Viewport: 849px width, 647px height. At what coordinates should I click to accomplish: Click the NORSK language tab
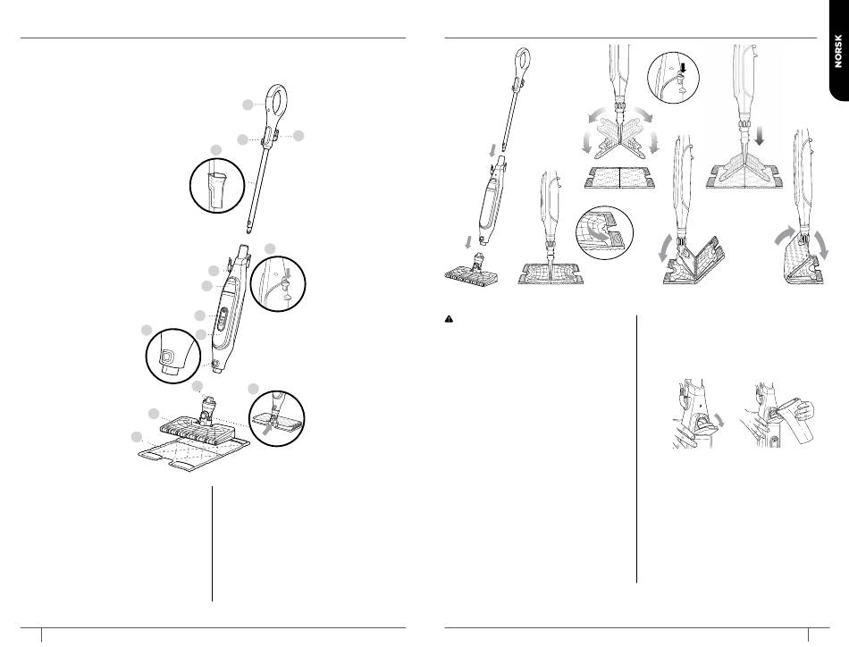tap(837, 50)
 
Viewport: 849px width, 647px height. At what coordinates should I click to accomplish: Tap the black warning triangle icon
tap(449, 319)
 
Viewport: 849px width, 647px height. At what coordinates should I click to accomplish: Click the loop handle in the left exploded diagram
tap(276, 105)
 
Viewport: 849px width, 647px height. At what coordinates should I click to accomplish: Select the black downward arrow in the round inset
tap(683, 69)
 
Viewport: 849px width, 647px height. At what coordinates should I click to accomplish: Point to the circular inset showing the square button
tap(173, 356)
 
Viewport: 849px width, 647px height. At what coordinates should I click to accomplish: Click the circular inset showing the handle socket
tap(217, 185)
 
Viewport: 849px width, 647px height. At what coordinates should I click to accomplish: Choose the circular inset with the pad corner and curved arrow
tap(604, 232)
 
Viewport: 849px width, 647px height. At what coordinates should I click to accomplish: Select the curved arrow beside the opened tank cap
tap(719, 420)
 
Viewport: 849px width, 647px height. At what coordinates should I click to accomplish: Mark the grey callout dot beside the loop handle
tap(248, 105)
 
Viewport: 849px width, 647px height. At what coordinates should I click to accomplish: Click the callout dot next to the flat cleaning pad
tap(137, 437)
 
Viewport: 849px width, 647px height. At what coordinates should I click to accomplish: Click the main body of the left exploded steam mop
tap(229, 308)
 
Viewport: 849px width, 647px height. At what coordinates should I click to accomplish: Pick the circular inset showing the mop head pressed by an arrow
tap(277, 418)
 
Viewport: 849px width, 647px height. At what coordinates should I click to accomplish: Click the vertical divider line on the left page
tap(213, 543)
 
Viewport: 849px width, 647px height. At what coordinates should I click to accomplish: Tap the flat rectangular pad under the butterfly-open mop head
tap(619, 178)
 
